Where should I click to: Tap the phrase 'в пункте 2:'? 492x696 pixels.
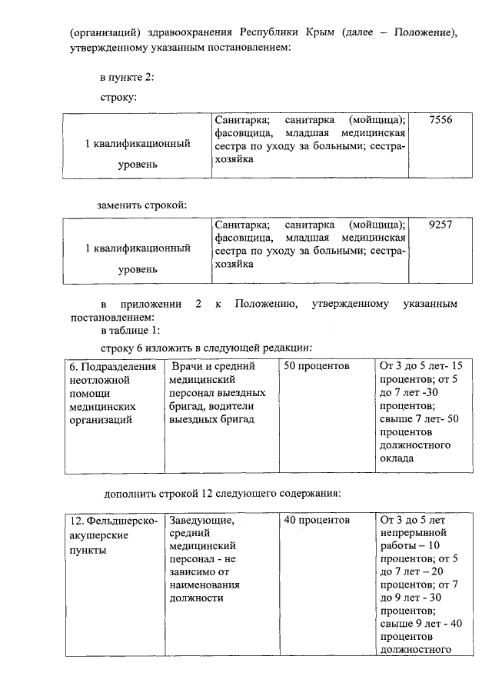(x=128, y=78)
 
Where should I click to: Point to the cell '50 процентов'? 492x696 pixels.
(x=317, y=366)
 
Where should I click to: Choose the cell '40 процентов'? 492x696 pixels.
(x=317, y=521)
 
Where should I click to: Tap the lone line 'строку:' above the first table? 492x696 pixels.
(x=119, y=98)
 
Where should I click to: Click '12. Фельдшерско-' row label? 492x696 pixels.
(x=111, y=521)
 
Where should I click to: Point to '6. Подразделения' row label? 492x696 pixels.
(x=112, y=366)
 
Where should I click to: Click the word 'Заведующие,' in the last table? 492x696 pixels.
(x=201, y=521)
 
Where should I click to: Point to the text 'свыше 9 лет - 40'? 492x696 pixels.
(x=421, y=624)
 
